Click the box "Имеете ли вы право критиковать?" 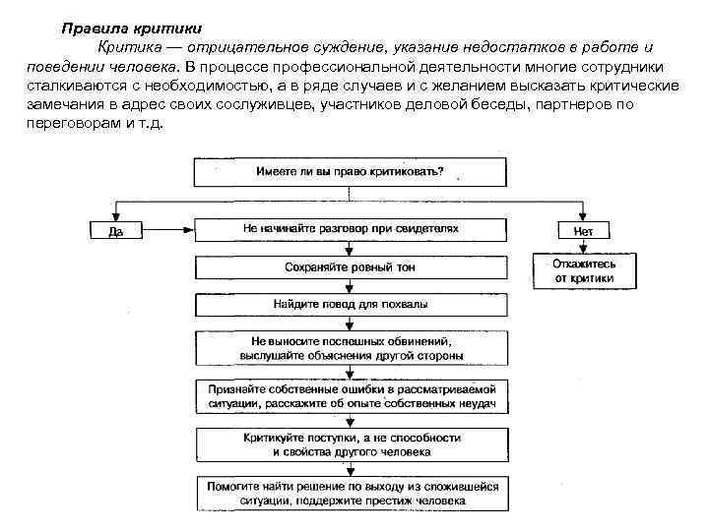point(350,171)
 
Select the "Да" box point(115,231)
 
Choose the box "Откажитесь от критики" point(584,270)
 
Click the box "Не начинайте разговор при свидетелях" point(351,228)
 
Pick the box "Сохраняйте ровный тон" point(351,266)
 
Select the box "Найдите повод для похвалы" point(351,305)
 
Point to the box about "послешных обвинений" point(351,347)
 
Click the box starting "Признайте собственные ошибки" point(351,395)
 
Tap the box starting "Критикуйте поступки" point(351,443)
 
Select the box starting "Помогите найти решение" point(351,494)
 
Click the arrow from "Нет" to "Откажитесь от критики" point(584,247)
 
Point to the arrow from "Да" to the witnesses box point(167,231)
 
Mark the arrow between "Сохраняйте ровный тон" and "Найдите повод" point(351,286)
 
